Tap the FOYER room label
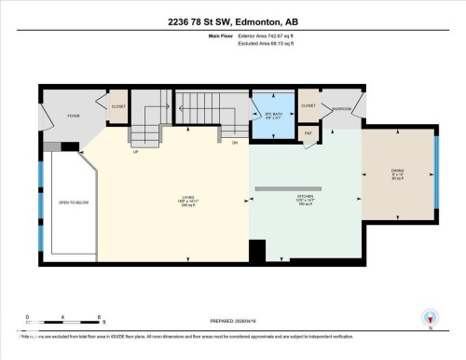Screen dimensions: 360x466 click(73, 117)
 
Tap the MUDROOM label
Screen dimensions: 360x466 click(341, 107)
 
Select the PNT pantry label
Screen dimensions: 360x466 click(308, 134)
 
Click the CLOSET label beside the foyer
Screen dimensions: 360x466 click(117, 106)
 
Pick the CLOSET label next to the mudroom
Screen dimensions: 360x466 click(308, 106)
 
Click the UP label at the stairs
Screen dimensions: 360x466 click(136, 151)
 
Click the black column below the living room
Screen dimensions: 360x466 click(257, 252)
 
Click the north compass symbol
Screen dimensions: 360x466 click(430, 317)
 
